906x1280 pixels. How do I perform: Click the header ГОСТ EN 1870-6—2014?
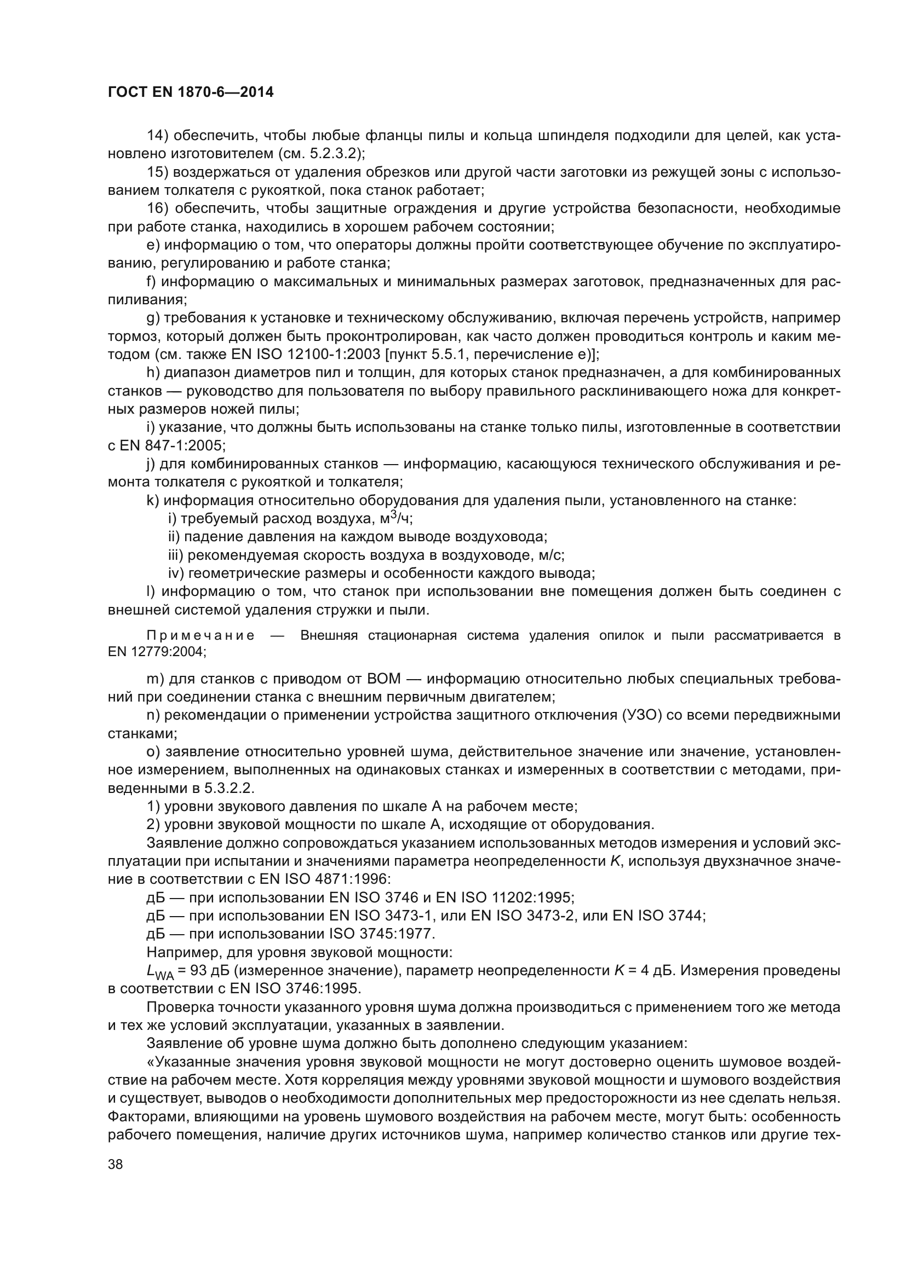pyautogui.click(x=190, y=92)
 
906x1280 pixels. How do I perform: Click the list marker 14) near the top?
pyautogui.click(x=157, y=136)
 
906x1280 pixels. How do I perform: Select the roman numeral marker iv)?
pyautogui.click(x=176, y=573)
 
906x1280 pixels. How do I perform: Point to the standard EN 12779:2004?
pyautogui.click(x=156, y=651)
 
